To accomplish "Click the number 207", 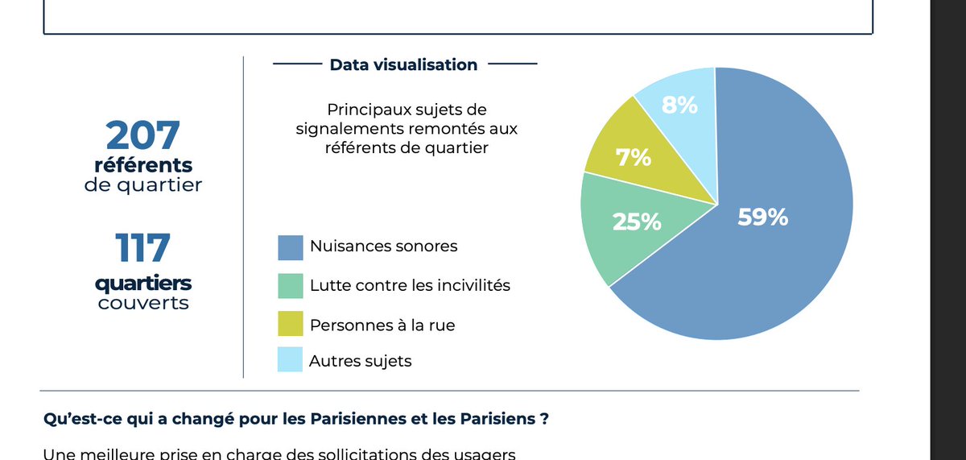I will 142,135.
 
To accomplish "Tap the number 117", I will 142,248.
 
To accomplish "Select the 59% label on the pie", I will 762,217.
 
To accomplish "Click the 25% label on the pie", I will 637,222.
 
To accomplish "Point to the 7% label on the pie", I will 634,158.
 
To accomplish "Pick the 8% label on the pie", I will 679,105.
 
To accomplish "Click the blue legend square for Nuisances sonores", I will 290,247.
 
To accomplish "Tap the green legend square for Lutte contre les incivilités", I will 290,285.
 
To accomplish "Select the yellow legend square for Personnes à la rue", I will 290,323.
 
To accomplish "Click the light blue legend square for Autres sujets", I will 290,360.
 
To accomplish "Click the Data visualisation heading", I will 403,64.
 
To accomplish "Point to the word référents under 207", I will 142,165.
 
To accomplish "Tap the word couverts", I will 142,304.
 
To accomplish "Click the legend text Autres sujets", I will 360,361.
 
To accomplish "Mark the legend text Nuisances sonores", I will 383,247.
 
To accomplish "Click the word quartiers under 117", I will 142,284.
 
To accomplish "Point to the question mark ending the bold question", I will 546,421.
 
